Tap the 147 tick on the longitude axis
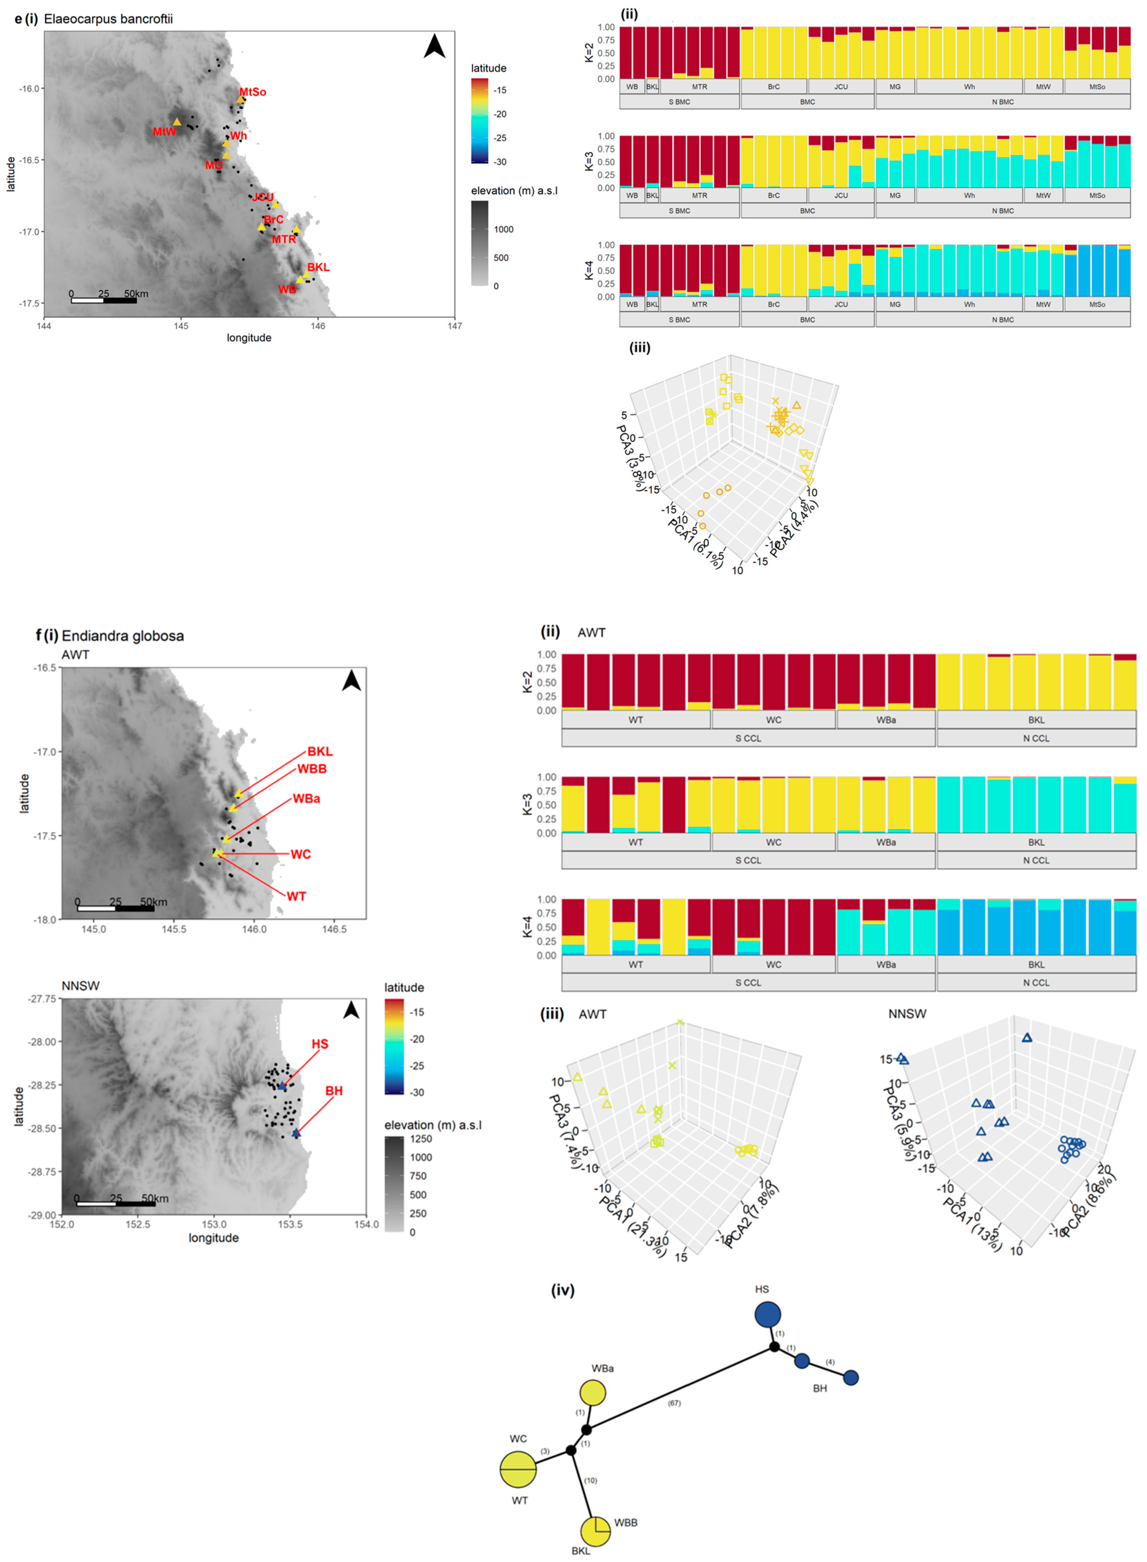point(455,326)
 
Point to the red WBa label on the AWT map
point(306,799)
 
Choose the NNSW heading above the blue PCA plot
point(907,1014)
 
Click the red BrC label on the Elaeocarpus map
point(273,219)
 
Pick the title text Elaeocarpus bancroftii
point(108,19)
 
